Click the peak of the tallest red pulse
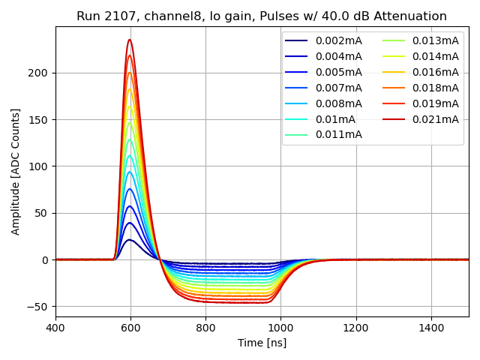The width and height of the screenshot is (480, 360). point(130,40)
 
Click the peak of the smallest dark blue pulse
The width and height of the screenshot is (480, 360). point(130,240)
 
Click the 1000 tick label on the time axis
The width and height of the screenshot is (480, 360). point(280,328)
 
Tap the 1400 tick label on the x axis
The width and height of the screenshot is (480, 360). point(431,328)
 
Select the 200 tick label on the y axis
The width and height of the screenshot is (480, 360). point(39,73)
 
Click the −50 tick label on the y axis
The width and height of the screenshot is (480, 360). point(37,307)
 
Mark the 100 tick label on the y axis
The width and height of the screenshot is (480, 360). point(39,166)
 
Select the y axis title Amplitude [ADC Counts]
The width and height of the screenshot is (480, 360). point(16,172)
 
